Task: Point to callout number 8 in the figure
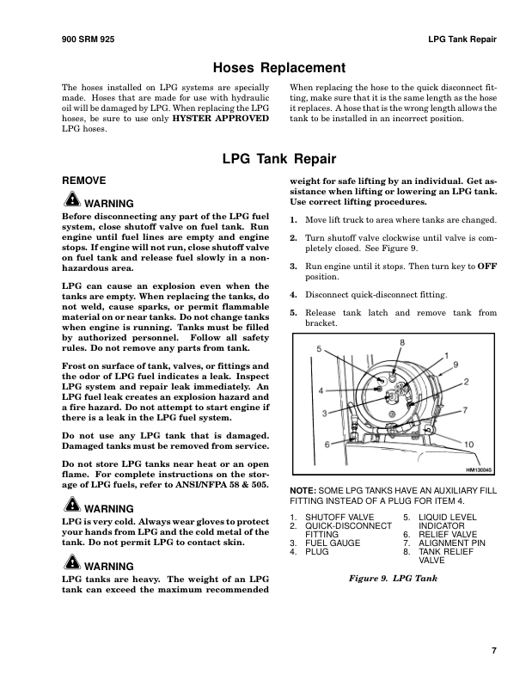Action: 425,343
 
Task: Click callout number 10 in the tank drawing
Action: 468,444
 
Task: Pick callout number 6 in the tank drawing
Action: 327,444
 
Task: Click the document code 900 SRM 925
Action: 89,40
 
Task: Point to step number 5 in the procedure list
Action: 293,313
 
